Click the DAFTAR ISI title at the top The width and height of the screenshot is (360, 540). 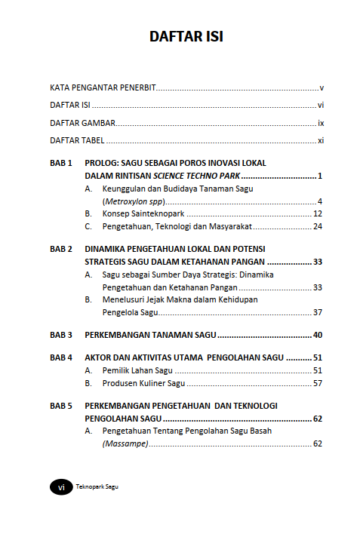pos(186,37)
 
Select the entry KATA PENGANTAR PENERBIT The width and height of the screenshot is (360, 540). pos(103,88)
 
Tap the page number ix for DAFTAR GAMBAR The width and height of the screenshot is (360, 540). pos(321,123)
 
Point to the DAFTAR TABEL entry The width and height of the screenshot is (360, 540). pos(77,140)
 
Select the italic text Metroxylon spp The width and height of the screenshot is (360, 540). pos(134,201)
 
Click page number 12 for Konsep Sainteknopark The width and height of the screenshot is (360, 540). pos(318,214)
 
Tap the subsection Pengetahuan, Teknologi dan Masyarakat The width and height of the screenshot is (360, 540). pos(177,226)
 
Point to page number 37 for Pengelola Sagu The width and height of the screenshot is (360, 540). pos(318,312)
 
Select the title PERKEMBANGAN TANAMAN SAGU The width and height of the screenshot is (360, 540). pos(151,334)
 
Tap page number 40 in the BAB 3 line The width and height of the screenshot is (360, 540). pos(318,334)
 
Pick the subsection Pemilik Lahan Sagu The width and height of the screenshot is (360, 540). pos(137,370)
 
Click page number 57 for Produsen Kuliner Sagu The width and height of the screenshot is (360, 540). pos(318,383)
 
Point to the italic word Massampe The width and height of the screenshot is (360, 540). pos(125,444)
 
